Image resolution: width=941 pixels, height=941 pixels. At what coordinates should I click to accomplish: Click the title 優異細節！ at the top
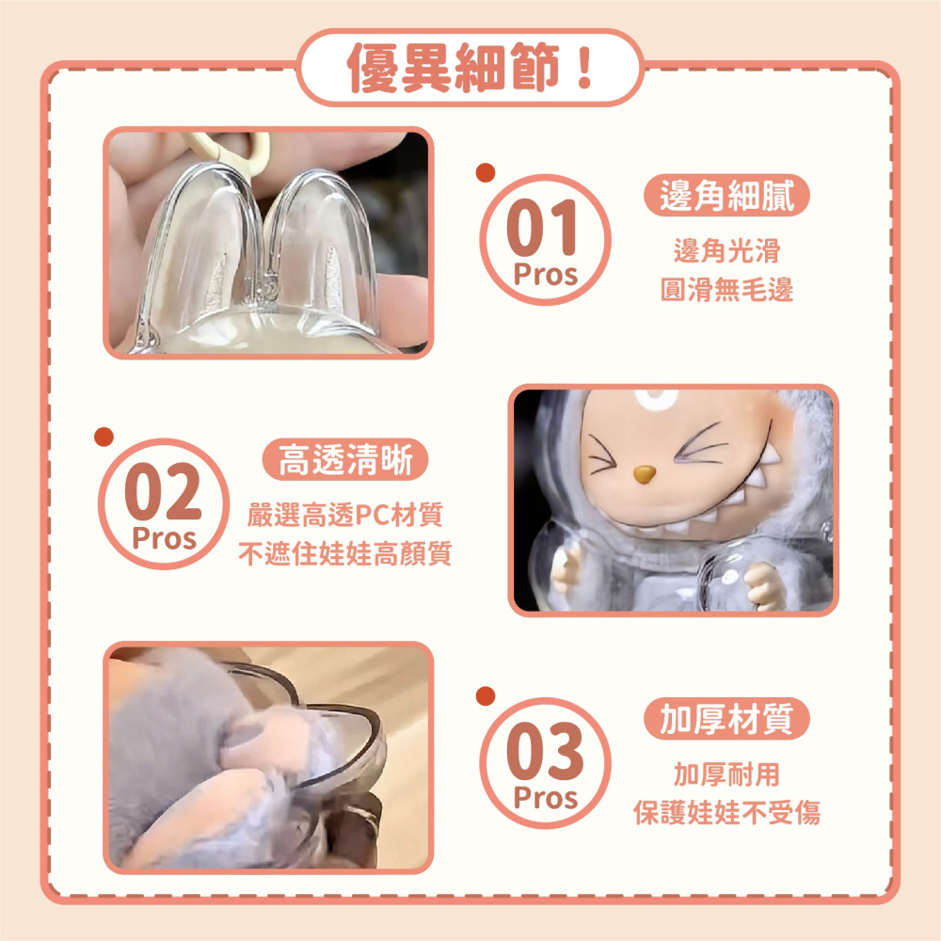coord(470,69)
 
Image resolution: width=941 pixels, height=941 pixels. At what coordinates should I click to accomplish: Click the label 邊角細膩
coord(726,197)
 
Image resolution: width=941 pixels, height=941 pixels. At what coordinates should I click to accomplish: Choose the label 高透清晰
coord(344,460)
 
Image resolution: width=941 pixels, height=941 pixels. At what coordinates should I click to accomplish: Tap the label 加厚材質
coord(726,720)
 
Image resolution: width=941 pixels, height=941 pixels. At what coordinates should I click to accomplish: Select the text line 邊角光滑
coord(726,251)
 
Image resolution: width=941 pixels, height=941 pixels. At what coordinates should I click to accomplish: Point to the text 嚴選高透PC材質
coord(344,516)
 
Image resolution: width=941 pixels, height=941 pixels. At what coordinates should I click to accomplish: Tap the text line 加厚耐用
coord(726,774)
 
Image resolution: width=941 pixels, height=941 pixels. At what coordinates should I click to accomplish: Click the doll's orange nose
coord(644,472)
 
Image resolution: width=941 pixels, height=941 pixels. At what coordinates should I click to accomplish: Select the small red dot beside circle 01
coord(486,171)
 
